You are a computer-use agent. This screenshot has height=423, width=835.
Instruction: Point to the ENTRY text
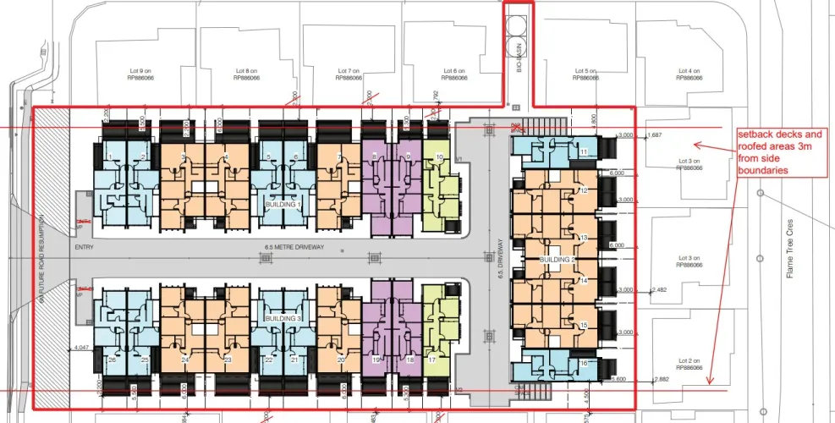point(84,248)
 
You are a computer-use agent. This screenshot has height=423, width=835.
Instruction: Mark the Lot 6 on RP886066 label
point(454,74)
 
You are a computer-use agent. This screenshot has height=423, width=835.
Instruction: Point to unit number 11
point(584,151)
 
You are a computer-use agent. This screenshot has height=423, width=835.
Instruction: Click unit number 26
point(112,360)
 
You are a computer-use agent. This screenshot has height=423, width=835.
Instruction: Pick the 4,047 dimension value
point(82,348)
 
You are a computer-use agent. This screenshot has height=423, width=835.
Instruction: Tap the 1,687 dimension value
point(654,135)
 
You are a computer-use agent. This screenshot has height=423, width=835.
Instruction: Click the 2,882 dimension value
point(662,379)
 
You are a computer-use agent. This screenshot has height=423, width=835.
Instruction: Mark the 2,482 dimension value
point(662,290)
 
